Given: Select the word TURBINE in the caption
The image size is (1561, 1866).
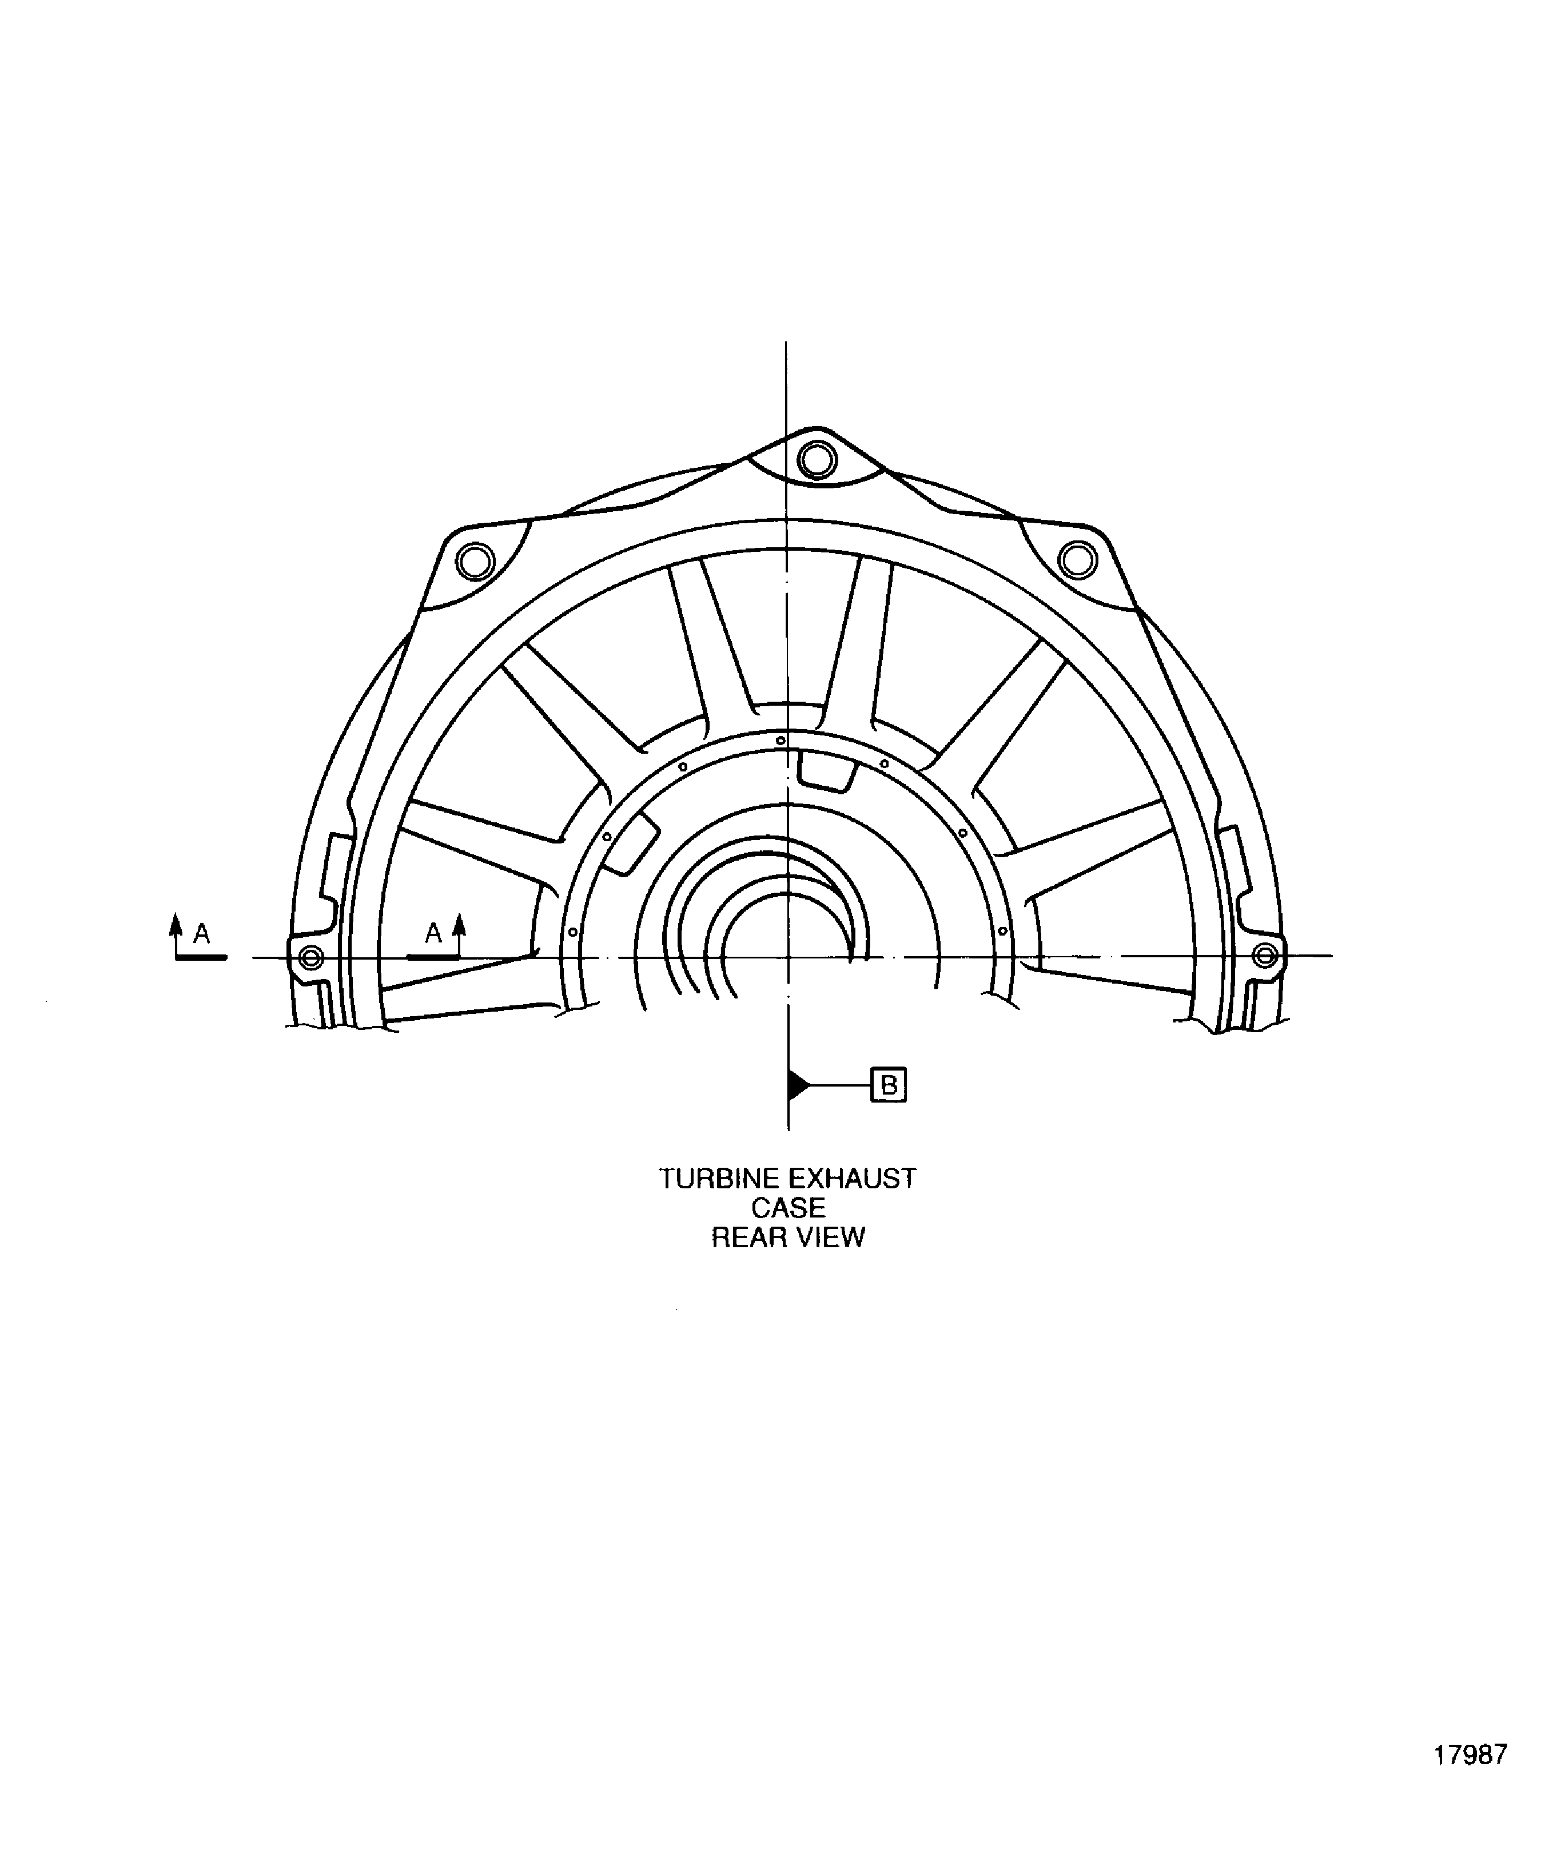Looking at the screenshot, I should [x=718, y=1179].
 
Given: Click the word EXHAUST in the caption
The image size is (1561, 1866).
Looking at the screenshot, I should [x=852, y=1179].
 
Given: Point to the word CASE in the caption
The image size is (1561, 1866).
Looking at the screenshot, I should [x=788, y=1208].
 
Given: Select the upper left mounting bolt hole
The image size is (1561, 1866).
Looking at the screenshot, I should [x=475, y=562].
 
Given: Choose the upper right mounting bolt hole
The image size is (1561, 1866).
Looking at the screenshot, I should [x=1078, y=560].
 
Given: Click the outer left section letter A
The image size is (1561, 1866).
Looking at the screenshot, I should [x=202, y=934].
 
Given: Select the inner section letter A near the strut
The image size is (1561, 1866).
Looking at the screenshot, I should [x=433, y=933].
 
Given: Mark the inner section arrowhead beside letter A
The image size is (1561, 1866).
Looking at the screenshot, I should [x=459, y=923].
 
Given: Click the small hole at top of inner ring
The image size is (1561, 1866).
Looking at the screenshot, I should [x=780, y=740].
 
